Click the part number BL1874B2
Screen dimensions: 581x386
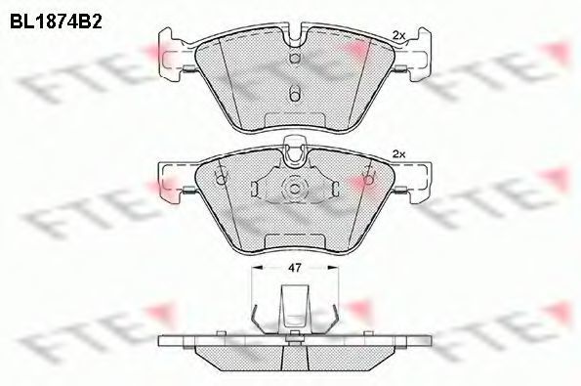[56, 21]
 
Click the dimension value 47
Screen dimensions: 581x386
[295, 268]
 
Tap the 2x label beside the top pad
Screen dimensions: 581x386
[399, 35]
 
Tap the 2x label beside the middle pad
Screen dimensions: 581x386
[398, 154]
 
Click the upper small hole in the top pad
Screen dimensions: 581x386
[295, 59]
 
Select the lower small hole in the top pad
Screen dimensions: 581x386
[295, 95]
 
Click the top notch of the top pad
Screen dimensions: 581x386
[295, 37]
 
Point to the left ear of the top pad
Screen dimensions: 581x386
[171, 55]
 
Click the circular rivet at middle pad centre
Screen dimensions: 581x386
[295, 189]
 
